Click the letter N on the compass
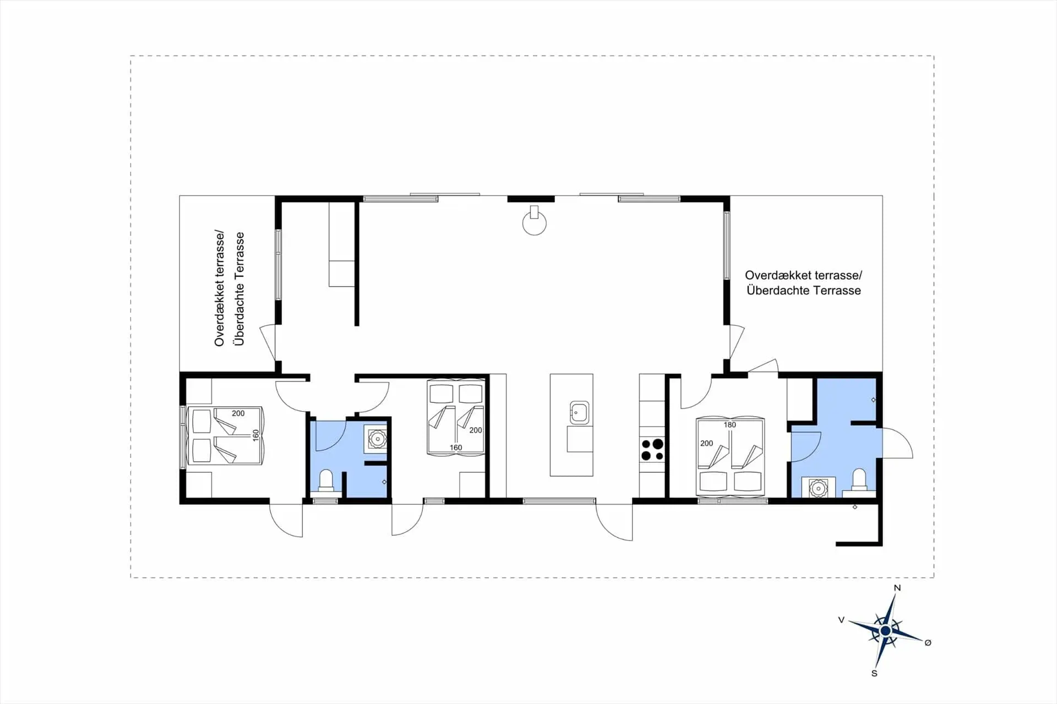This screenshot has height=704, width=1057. [x=897, y=588]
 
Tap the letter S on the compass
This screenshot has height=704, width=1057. [x=874, y=673]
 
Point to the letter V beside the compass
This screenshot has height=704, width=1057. [x=841, y=620]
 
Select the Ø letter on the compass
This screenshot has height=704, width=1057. [x=928, y=642]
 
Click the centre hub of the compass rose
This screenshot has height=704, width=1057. [x=885, y=630]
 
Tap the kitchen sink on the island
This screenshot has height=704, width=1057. [x=579, y=412]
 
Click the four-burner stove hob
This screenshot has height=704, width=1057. [x=652, y=449]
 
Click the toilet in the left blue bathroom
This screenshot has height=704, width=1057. [x=326, y=480]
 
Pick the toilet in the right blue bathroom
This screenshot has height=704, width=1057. [x=859, y=479]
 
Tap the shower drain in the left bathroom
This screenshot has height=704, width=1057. [x=384, y=482]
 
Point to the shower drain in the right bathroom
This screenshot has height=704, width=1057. [x=873, y=400]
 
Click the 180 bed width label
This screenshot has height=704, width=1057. [x=729, y=424]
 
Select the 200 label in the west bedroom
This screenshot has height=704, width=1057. [x=238, y=413]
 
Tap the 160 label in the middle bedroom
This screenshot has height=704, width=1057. [x=456, y=447]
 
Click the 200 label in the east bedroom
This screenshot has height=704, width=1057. [x=706, y=443]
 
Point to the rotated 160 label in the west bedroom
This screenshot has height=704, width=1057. [x=255, y=435]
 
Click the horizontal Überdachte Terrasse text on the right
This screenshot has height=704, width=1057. [x=804, y=290]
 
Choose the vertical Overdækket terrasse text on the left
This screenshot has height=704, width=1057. [x=220, y=288]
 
